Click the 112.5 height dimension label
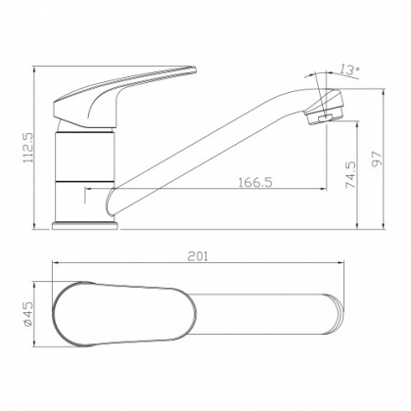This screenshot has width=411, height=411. click(x=28, y=147)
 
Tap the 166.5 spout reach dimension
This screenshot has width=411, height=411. click(x=255, y=182)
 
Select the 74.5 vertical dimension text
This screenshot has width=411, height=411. click(x=350, y=174)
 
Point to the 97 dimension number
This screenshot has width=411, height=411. click(x=377, y=159)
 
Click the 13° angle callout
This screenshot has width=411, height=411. click(x=348, y=69)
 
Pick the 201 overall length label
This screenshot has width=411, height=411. click(x=198, y=256)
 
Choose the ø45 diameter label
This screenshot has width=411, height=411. click(x=28, y=313)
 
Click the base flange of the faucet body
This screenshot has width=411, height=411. click(x=85, y=225)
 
